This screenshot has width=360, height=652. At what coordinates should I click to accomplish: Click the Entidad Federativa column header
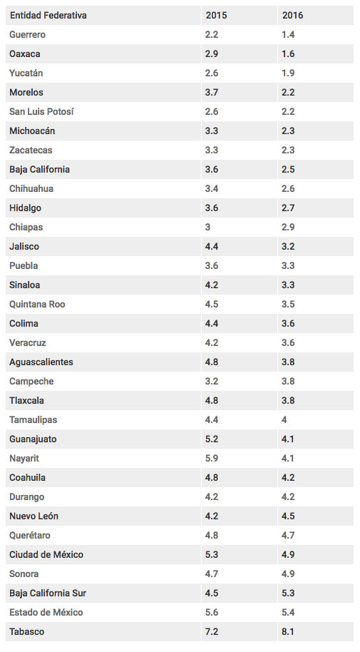(48, 16)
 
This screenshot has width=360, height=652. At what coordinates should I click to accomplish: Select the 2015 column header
(216, 16)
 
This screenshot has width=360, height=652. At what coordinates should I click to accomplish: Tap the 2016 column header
(293, 16)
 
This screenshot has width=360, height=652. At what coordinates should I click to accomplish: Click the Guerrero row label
(27, 34)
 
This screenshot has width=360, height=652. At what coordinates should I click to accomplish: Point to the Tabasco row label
(26, 631)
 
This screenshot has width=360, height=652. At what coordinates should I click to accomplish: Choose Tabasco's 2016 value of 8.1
(288, 631)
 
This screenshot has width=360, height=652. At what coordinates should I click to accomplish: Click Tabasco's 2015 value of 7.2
(212, 631)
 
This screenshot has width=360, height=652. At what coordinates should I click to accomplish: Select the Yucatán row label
(26, 73)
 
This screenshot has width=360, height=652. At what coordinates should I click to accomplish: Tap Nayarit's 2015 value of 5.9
(212, 458)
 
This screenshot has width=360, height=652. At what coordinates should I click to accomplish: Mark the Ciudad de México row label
(46, 555)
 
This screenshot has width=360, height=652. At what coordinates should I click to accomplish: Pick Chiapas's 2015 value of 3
(208, 227)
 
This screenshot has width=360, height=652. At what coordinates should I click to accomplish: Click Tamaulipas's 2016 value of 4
(284, 420)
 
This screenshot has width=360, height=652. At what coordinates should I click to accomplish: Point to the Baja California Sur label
(48, 593)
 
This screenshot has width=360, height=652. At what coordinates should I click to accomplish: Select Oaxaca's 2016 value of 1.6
(288, 54)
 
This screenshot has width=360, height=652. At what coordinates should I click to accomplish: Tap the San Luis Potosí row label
(41, 111)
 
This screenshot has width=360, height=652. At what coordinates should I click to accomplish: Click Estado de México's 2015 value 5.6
(212, 613)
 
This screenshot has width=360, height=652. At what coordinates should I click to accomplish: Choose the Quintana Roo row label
(37, 305)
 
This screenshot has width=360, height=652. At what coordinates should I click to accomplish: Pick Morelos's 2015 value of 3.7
(212, 92)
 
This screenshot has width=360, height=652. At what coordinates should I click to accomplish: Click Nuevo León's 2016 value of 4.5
(288, 516)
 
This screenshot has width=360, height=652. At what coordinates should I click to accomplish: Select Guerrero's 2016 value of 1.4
(288, 34)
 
